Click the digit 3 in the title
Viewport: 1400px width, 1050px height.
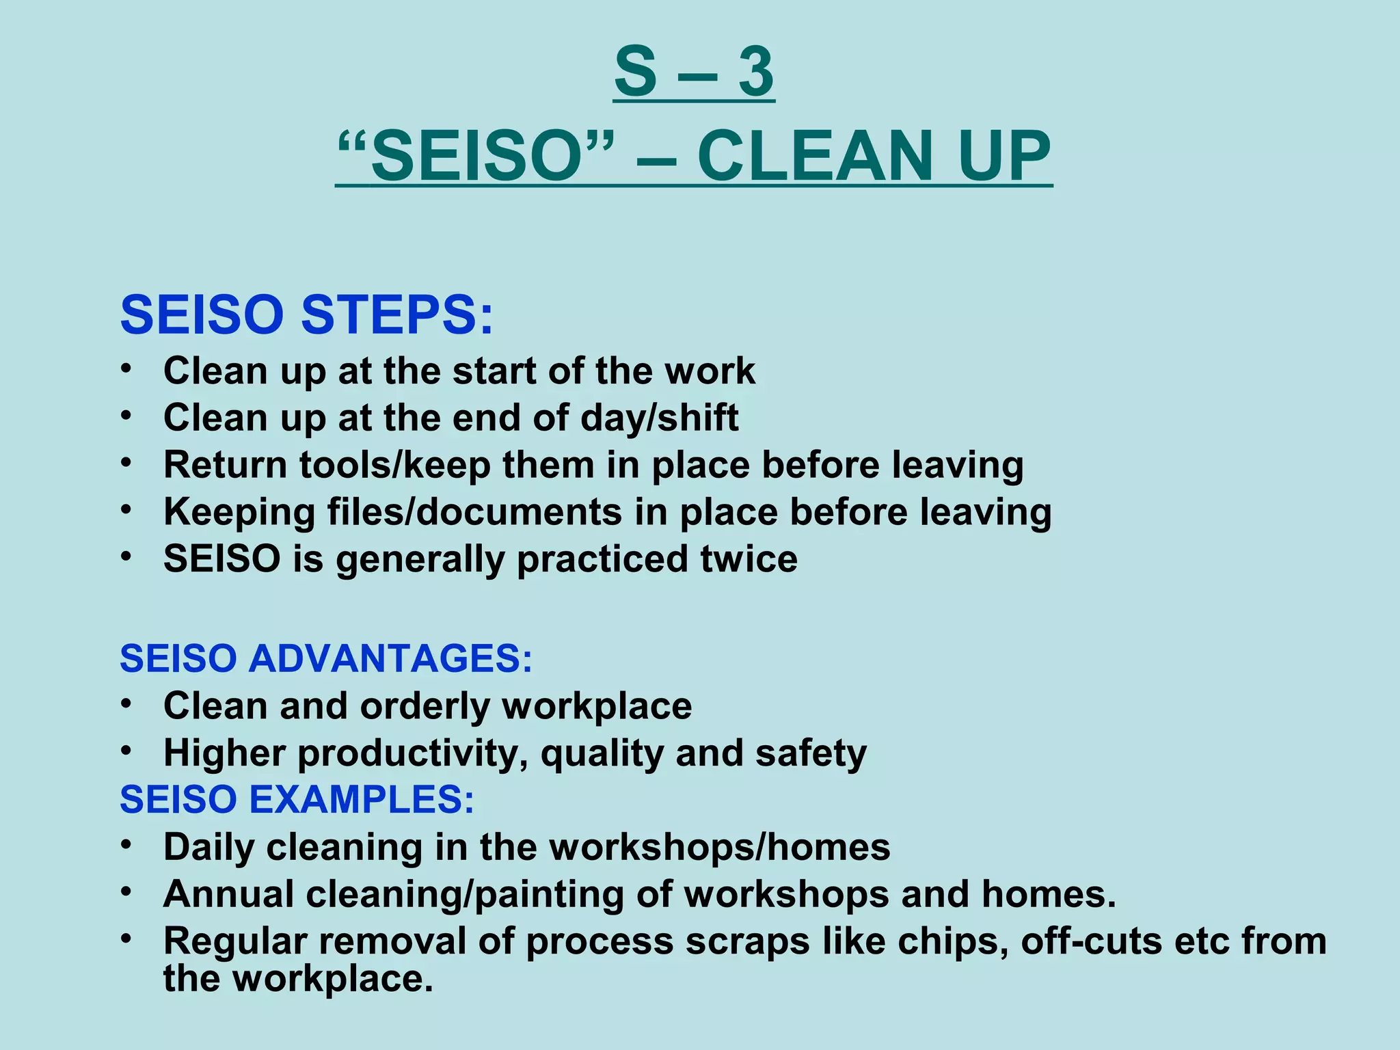tap(756, 72)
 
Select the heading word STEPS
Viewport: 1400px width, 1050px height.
tap(396, 315)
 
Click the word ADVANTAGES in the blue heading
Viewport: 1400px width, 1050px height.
tap(390, 659)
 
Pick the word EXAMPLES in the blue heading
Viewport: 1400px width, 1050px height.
tap(362, 799)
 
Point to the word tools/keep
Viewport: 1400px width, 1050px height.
tap(395, 466)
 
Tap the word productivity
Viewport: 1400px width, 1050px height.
tap(413, 754)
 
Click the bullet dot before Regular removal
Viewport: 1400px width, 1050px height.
tap(126, 939)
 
